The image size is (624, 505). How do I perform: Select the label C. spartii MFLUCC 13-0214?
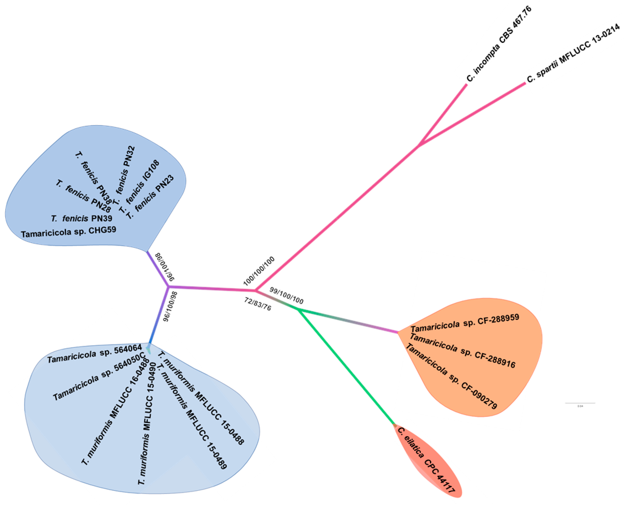click(x=573, y=52)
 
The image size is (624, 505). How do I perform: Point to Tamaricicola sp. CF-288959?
click(x=465, y=323)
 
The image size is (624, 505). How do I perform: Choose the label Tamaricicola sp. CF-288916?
click(x=462, y=351)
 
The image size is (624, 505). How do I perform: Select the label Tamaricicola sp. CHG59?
click(x=69, y=232)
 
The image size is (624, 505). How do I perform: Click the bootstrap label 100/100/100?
click(x=259, y=271)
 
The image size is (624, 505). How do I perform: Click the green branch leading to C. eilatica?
click(x=346, y=367)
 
